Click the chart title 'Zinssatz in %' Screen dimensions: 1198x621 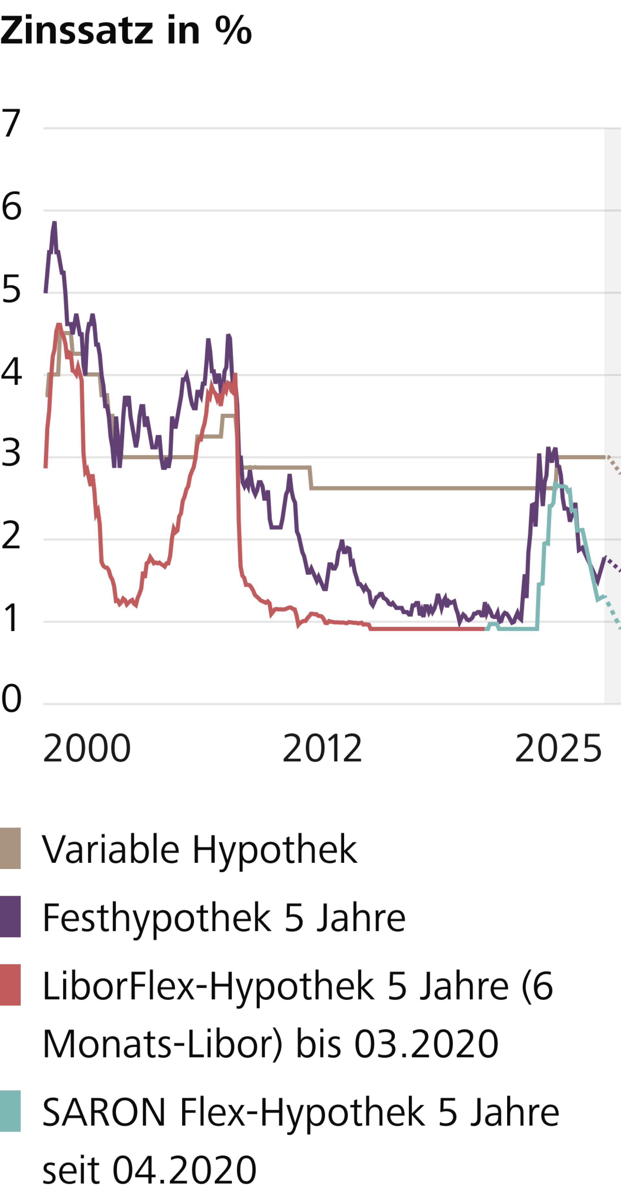(x=125, y=31)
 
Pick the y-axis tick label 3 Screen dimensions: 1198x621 (x=11, y=453)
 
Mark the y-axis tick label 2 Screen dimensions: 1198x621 (x=11, y=536)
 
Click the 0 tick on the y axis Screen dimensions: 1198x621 (x=11, y=699)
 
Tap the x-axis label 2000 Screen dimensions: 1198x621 (x=87, y=749)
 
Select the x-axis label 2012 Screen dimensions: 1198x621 (x=322, y=749)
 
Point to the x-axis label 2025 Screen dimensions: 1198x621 (x=558, y=749)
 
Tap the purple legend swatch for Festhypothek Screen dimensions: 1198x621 (x=10, y=916)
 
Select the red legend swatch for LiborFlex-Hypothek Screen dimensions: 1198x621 (x=10, y=985)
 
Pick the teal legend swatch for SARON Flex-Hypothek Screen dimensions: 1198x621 (x=10, y=1111)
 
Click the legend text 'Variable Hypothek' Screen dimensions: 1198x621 (x=200, y=849)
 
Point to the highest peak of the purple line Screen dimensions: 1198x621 (x=54, y=223)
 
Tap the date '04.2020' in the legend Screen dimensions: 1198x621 (x=185, y=1169)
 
